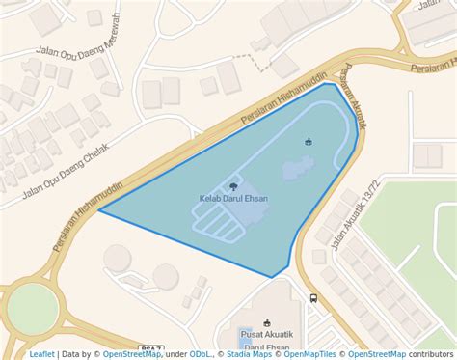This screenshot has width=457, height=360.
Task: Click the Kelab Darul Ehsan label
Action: pos(233,199)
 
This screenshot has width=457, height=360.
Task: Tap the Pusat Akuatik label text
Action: pos(267,334)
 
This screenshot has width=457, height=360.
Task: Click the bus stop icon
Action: pos(312,298)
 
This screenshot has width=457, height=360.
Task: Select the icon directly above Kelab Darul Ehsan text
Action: pos(233,185)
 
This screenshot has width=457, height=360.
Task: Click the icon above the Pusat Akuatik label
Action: pos(267,321)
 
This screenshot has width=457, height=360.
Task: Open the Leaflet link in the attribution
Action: pos(41,354)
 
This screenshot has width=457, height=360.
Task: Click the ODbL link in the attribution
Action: pos(202,354)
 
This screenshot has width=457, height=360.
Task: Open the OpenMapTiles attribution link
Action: pos(309,354)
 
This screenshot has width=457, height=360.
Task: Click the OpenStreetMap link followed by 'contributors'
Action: pos(373,354)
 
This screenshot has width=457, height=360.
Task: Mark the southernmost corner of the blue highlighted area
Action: pos(273,277)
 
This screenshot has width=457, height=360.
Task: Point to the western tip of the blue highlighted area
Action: pos(99,211)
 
